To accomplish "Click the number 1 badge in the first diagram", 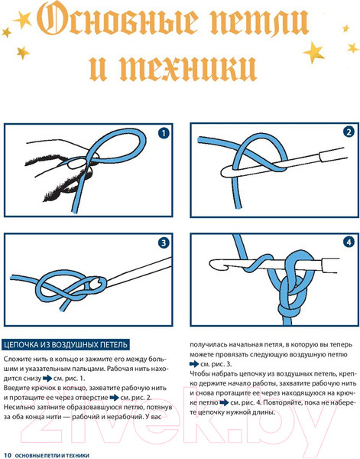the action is (164, 133).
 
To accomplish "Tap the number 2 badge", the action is (349, 132).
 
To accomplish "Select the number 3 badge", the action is (164, 243).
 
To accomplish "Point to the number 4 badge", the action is (349, 243).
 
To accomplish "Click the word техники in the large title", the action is (188, 67).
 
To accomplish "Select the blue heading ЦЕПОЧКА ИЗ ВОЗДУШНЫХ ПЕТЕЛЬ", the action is (66, 344).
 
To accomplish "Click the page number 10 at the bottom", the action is (8, 455).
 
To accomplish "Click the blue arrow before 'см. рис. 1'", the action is (47, 379).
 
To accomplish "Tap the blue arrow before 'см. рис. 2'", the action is (114, 398).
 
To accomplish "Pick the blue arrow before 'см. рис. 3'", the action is (194, 364).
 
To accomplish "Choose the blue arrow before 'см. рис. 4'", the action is (224, 403).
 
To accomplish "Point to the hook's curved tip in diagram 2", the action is (225, 171).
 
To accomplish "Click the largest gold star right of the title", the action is (313, 52).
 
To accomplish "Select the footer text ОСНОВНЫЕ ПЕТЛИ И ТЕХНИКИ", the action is (52, 455).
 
